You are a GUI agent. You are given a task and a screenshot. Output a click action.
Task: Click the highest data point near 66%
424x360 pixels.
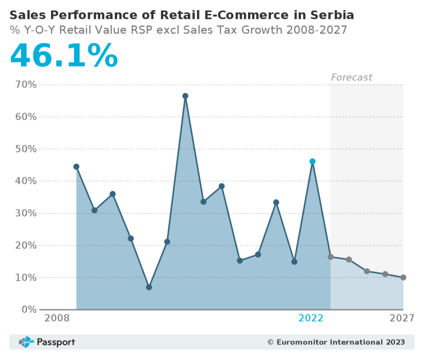(185, 96)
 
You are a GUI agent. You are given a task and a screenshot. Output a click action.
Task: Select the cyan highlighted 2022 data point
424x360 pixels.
(312, 161)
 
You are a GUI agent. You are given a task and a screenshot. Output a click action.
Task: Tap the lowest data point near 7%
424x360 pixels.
(149, 287)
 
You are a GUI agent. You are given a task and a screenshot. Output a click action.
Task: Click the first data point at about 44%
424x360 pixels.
(76, 166)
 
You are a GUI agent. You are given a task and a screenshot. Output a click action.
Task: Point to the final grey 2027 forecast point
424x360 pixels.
(403, 277)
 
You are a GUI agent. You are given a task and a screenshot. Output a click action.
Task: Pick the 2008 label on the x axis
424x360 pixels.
(57, 318)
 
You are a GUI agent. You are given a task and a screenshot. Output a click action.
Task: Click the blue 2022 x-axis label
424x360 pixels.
(311, 318)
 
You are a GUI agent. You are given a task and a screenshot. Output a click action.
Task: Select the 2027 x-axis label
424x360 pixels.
(402, 318)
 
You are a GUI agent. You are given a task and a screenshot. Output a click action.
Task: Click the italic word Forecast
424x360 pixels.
(351, 77)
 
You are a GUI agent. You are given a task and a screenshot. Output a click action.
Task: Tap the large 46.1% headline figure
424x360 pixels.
(64, 55)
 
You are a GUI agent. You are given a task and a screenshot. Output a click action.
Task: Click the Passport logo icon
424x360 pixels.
(26, 342)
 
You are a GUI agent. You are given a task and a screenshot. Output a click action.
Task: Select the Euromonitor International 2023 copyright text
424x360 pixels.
(336, 342)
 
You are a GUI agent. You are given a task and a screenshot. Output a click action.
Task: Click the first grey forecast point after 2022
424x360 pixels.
(330, 256)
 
